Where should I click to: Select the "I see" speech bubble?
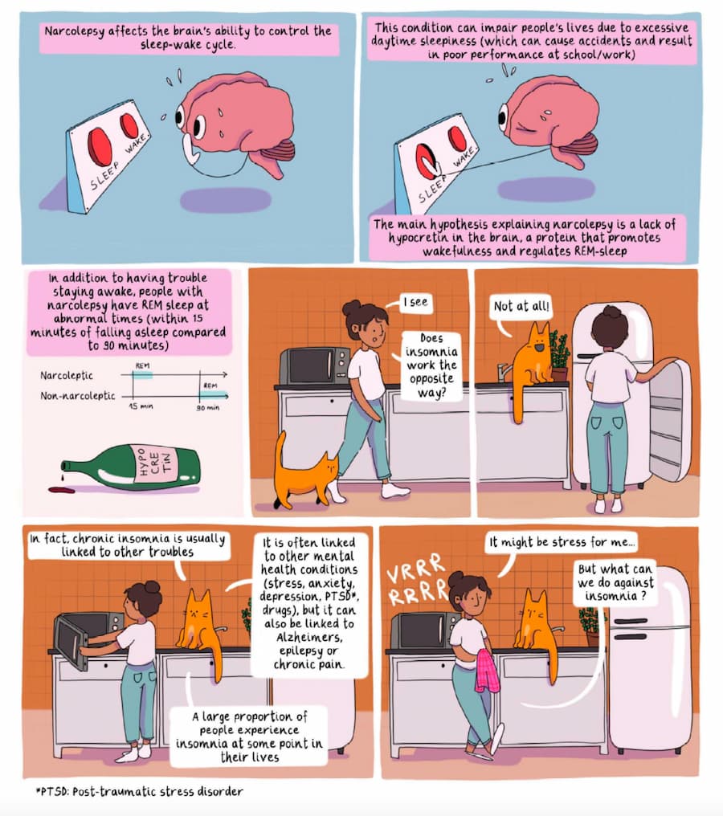click(415, 303)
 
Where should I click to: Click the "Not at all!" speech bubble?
click(518, 306)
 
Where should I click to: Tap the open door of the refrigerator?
click(669, 418)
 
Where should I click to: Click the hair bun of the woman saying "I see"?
click(352, 308)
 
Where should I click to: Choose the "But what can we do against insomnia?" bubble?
click(615, 584)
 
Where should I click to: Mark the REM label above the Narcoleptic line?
click(142, 365)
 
